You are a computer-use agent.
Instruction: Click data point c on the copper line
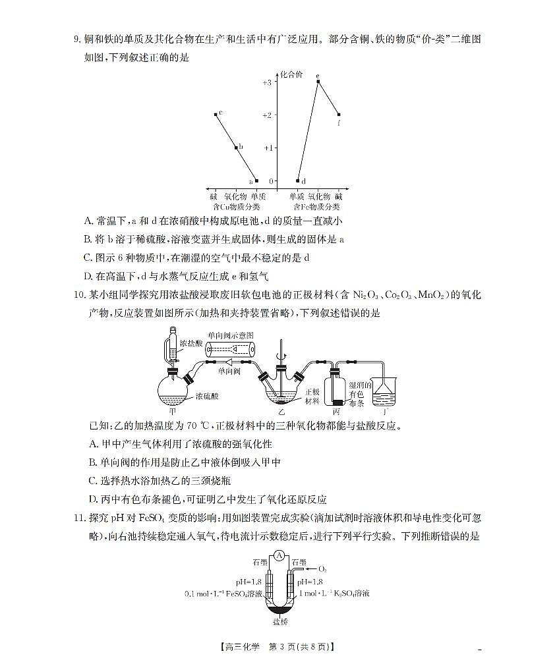(x=216, y=115)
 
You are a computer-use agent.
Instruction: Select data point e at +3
(x=318, y=82)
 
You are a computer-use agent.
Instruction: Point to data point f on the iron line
(x=339, y=115)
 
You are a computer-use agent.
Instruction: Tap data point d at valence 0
(x=298, y=180)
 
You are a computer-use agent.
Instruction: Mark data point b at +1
(x=236, y=148)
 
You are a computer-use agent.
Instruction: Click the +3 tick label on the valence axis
(x=266, y=82)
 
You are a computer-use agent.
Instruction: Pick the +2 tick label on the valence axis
(x=266, y=115)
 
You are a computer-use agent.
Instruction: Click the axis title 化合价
(x=291, y=74)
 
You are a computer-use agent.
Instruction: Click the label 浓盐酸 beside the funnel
(x=196, y=344)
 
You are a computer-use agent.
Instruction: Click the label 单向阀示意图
(x=230, y=335)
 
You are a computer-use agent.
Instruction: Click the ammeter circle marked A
(x=279, y=555)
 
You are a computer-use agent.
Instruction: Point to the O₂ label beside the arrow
(x=322, y=568)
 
